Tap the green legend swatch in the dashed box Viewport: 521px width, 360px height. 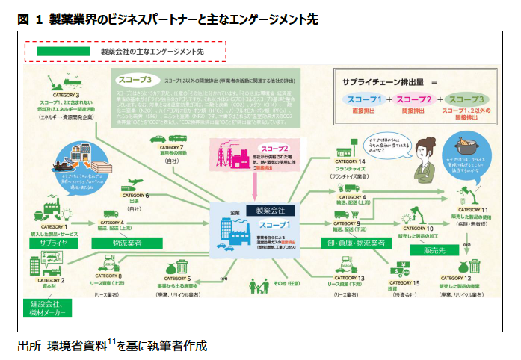(x=57, y=52)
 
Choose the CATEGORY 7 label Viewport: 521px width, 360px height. (x=172, y=148)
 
